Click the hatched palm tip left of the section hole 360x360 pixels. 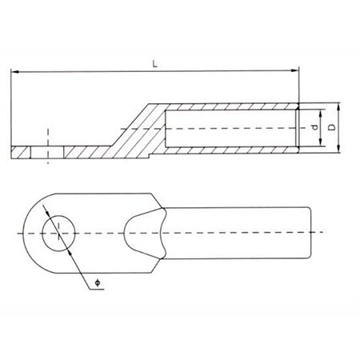pos(22,151)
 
